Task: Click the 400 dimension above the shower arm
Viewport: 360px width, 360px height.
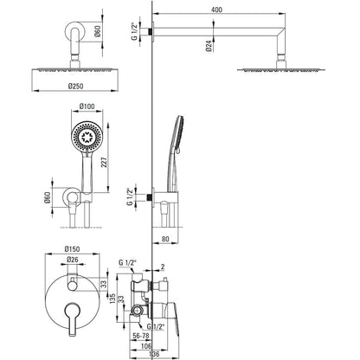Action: (x=216, y=10)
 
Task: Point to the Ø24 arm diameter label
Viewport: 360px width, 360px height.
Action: (x=209, y=46)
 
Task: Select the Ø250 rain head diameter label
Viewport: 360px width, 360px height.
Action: (x=75, y=86)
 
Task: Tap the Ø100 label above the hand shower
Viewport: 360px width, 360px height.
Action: (x=87, y=106)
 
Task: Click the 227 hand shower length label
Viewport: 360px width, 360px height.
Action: (x=105, y=162)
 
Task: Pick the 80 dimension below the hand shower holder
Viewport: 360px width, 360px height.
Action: (x=165, y=239)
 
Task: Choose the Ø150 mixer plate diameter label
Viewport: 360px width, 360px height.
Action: (x=72, y=248)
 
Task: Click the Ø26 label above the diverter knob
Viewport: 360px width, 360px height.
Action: (x=73, y=260)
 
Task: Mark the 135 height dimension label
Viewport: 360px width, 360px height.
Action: (x=112, y=299)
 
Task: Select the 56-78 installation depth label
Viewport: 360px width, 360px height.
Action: (x=140, y=336)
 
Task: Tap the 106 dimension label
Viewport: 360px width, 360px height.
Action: (x=146, y=346)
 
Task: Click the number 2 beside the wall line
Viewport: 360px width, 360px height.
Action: (x=163, y=267)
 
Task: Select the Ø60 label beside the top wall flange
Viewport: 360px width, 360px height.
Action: (x=98, y=31)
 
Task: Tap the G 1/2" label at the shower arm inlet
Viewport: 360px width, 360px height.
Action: (x=134, y=31)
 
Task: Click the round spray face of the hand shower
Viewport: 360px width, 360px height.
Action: (x=87, y=136)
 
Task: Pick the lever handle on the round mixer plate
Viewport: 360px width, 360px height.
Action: (x=72, y=318)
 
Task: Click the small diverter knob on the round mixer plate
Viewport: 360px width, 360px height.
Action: (x=72, y=286)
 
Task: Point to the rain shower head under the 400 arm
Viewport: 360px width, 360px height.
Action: (x=280, y=70)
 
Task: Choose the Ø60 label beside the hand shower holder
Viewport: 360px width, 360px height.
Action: (x=48, y=197)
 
